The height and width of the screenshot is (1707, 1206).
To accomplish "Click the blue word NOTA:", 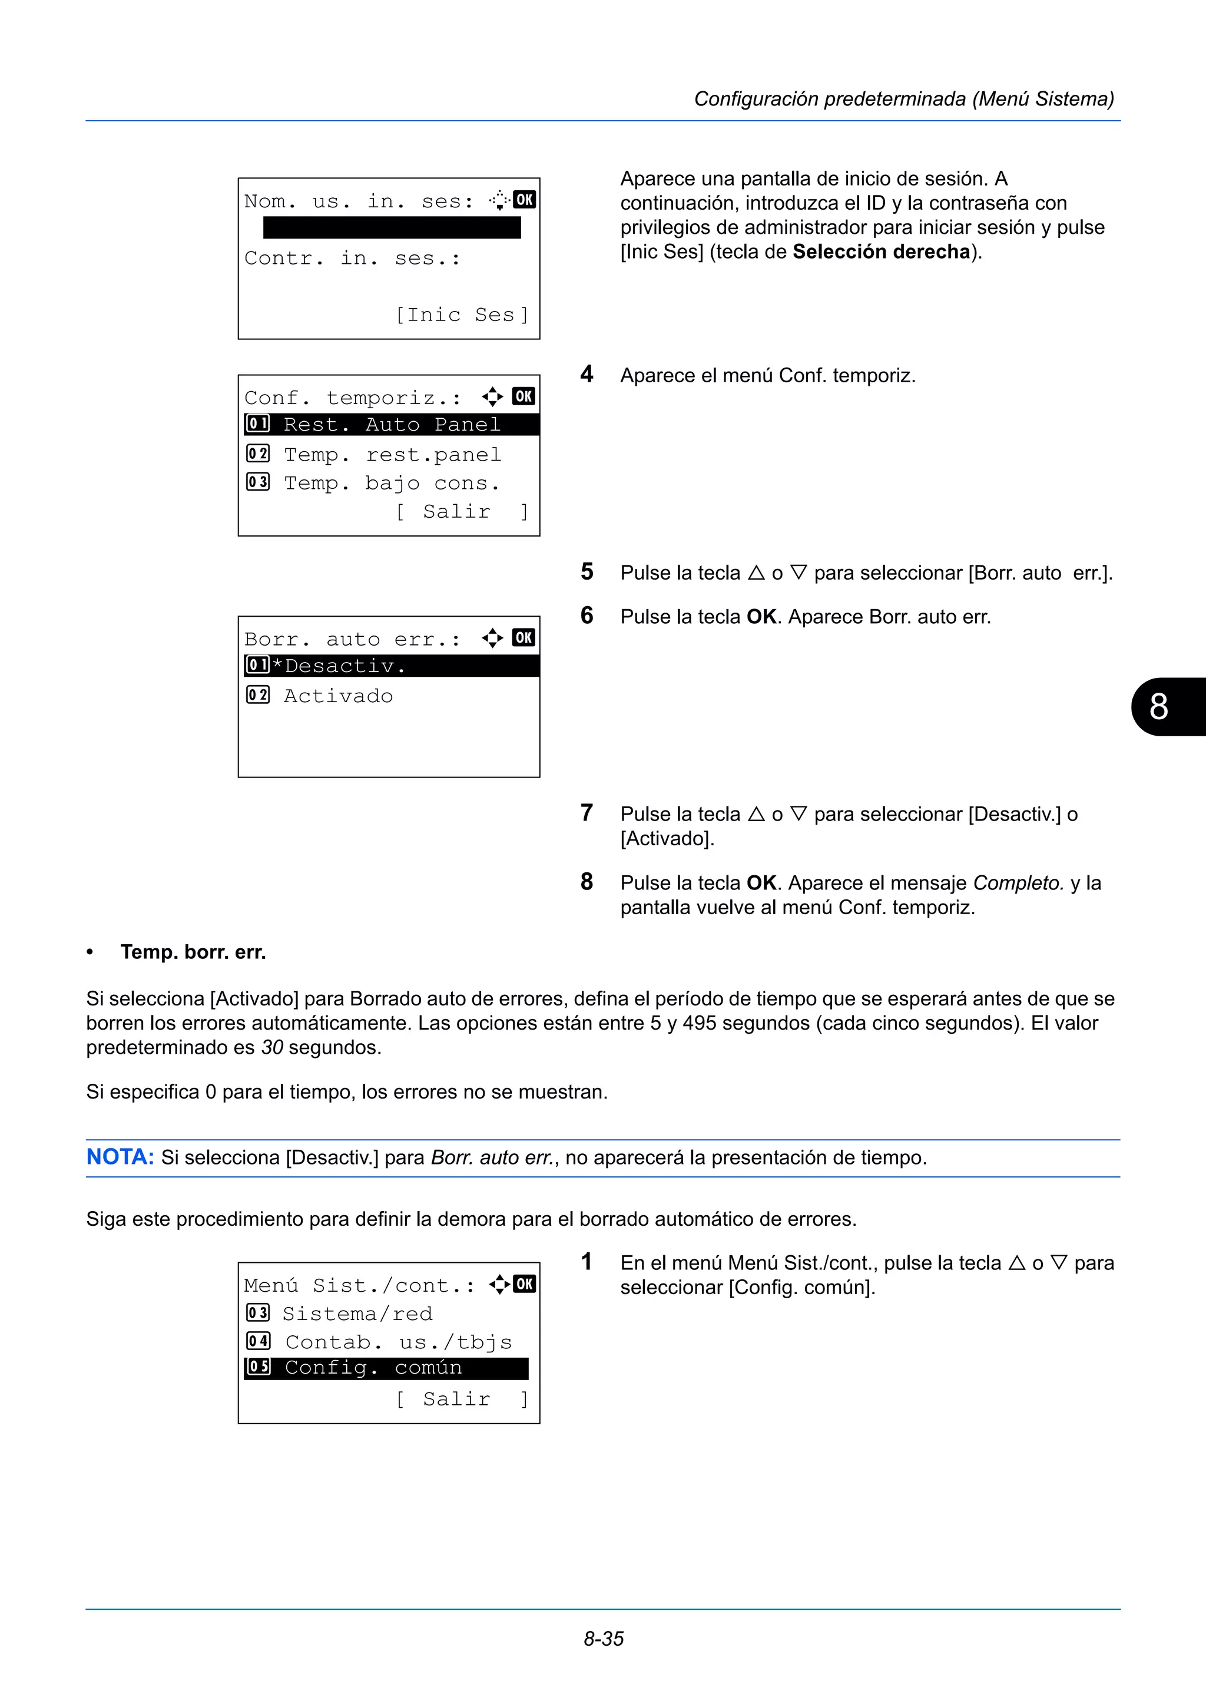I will (x=120, y=1157).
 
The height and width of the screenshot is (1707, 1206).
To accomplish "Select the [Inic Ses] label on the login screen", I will (x=462, y=315).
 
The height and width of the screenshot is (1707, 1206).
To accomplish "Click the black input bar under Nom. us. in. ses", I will (x=392, y=227).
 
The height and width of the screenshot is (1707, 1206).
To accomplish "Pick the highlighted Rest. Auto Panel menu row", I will (x=392, y=425).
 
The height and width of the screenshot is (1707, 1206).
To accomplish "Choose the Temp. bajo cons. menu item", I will (x=391, y=483).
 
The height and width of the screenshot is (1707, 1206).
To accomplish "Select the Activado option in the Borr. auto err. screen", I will (x=338, y=696).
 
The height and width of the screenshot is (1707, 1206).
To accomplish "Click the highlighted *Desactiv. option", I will (x=392, y=666).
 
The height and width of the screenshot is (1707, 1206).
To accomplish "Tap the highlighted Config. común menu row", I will (x=386, y=1368).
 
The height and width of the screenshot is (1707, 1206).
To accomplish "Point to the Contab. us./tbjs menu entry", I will (x=398, y=1342).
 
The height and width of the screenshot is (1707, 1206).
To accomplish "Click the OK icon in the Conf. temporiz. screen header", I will (x=524, y=396).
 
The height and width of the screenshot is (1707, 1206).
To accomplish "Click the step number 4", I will (x=587, y=374).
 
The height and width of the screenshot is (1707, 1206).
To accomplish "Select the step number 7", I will (x=587, y=813).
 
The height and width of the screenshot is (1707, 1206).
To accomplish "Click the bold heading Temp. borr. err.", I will (x=193, y=952).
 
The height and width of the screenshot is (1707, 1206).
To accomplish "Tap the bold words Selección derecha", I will (x=882, y=252).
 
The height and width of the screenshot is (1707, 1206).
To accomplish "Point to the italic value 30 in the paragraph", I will (x=272, y=1047).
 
